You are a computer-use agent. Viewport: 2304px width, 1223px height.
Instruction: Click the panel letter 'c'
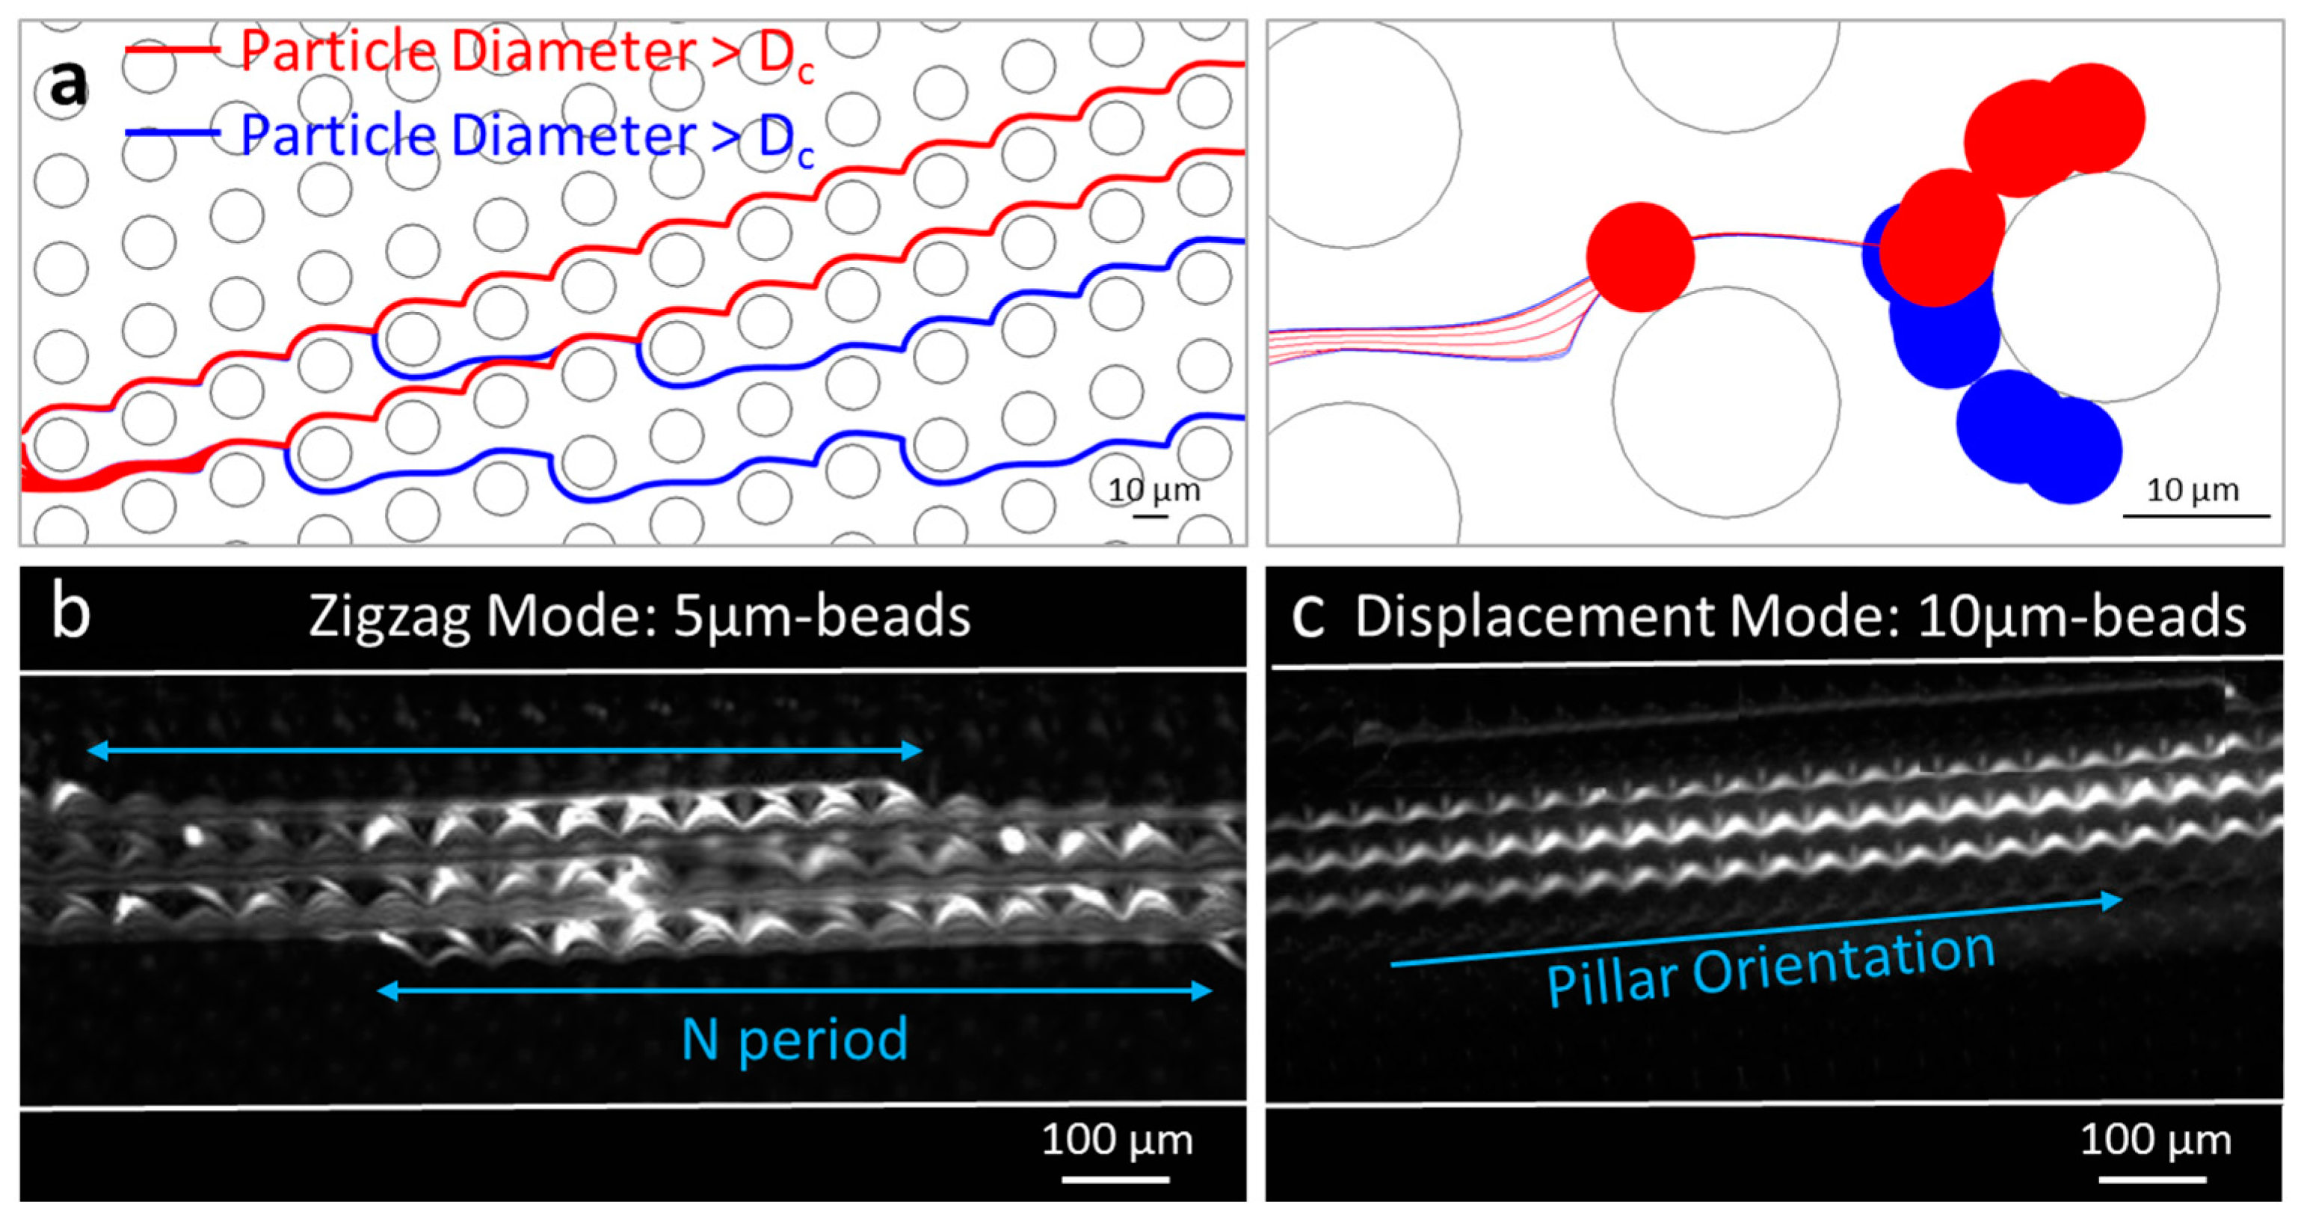coord(1307,616)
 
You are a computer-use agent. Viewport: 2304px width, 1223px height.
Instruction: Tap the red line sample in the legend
coord(173,50)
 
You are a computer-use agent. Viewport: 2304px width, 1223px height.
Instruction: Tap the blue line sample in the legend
coord(173,133)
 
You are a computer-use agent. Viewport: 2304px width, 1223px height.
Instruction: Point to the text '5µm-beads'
coord(821,616)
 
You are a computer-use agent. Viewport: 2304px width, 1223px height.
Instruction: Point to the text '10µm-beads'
coord(2081,616)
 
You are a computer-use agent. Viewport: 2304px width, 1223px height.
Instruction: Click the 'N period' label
coord(794,1040)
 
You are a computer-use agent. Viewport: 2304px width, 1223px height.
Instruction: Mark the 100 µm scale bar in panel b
coord(1115,1179)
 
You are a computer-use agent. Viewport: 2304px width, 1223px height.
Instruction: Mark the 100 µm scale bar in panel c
coord(2153,1179)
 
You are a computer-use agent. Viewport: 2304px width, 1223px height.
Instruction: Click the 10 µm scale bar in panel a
coord(1151,515)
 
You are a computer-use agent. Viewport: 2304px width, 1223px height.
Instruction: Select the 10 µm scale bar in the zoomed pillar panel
coord(2196,515)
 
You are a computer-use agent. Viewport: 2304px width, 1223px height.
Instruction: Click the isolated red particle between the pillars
coord(1639,257)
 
